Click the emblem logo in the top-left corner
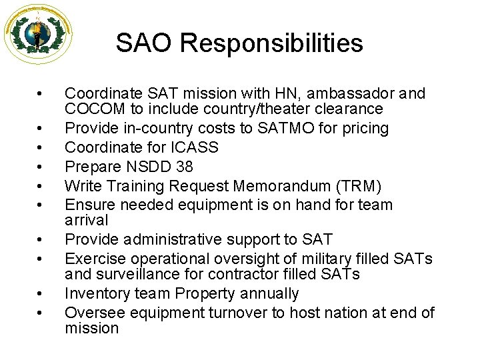coord(38,34)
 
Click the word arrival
coord(87,220)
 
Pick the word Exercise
coord(93,259)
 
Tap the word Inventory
coord(94,293)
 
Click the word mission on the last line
coord(91,328)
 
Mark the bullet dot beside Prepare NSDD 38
coord(41,165)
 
